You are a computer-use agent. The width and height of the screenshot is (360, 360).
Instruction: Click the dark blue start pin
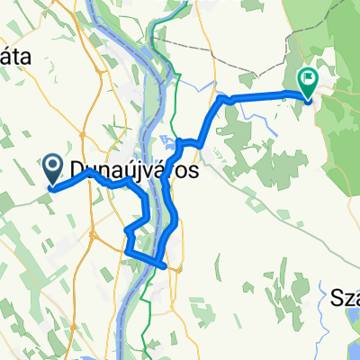pos(53,166)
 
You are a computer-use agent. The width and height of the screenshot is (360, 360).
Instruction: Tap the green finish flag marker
pos(308,82)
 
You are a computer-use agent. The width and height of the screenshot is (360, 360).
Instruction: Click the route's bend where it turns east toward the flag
pos(222,99)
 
